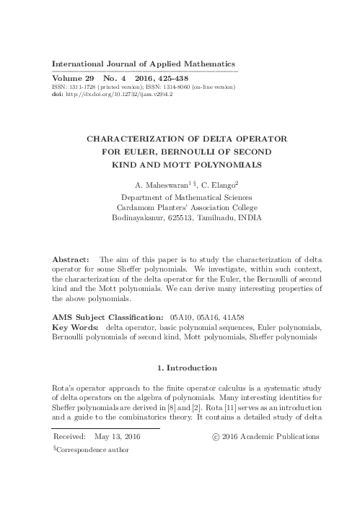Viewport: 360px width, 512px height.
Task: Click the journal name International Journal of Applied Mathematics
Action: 144,63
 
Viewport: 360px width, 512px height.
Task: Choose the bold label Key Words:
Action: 77,327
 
